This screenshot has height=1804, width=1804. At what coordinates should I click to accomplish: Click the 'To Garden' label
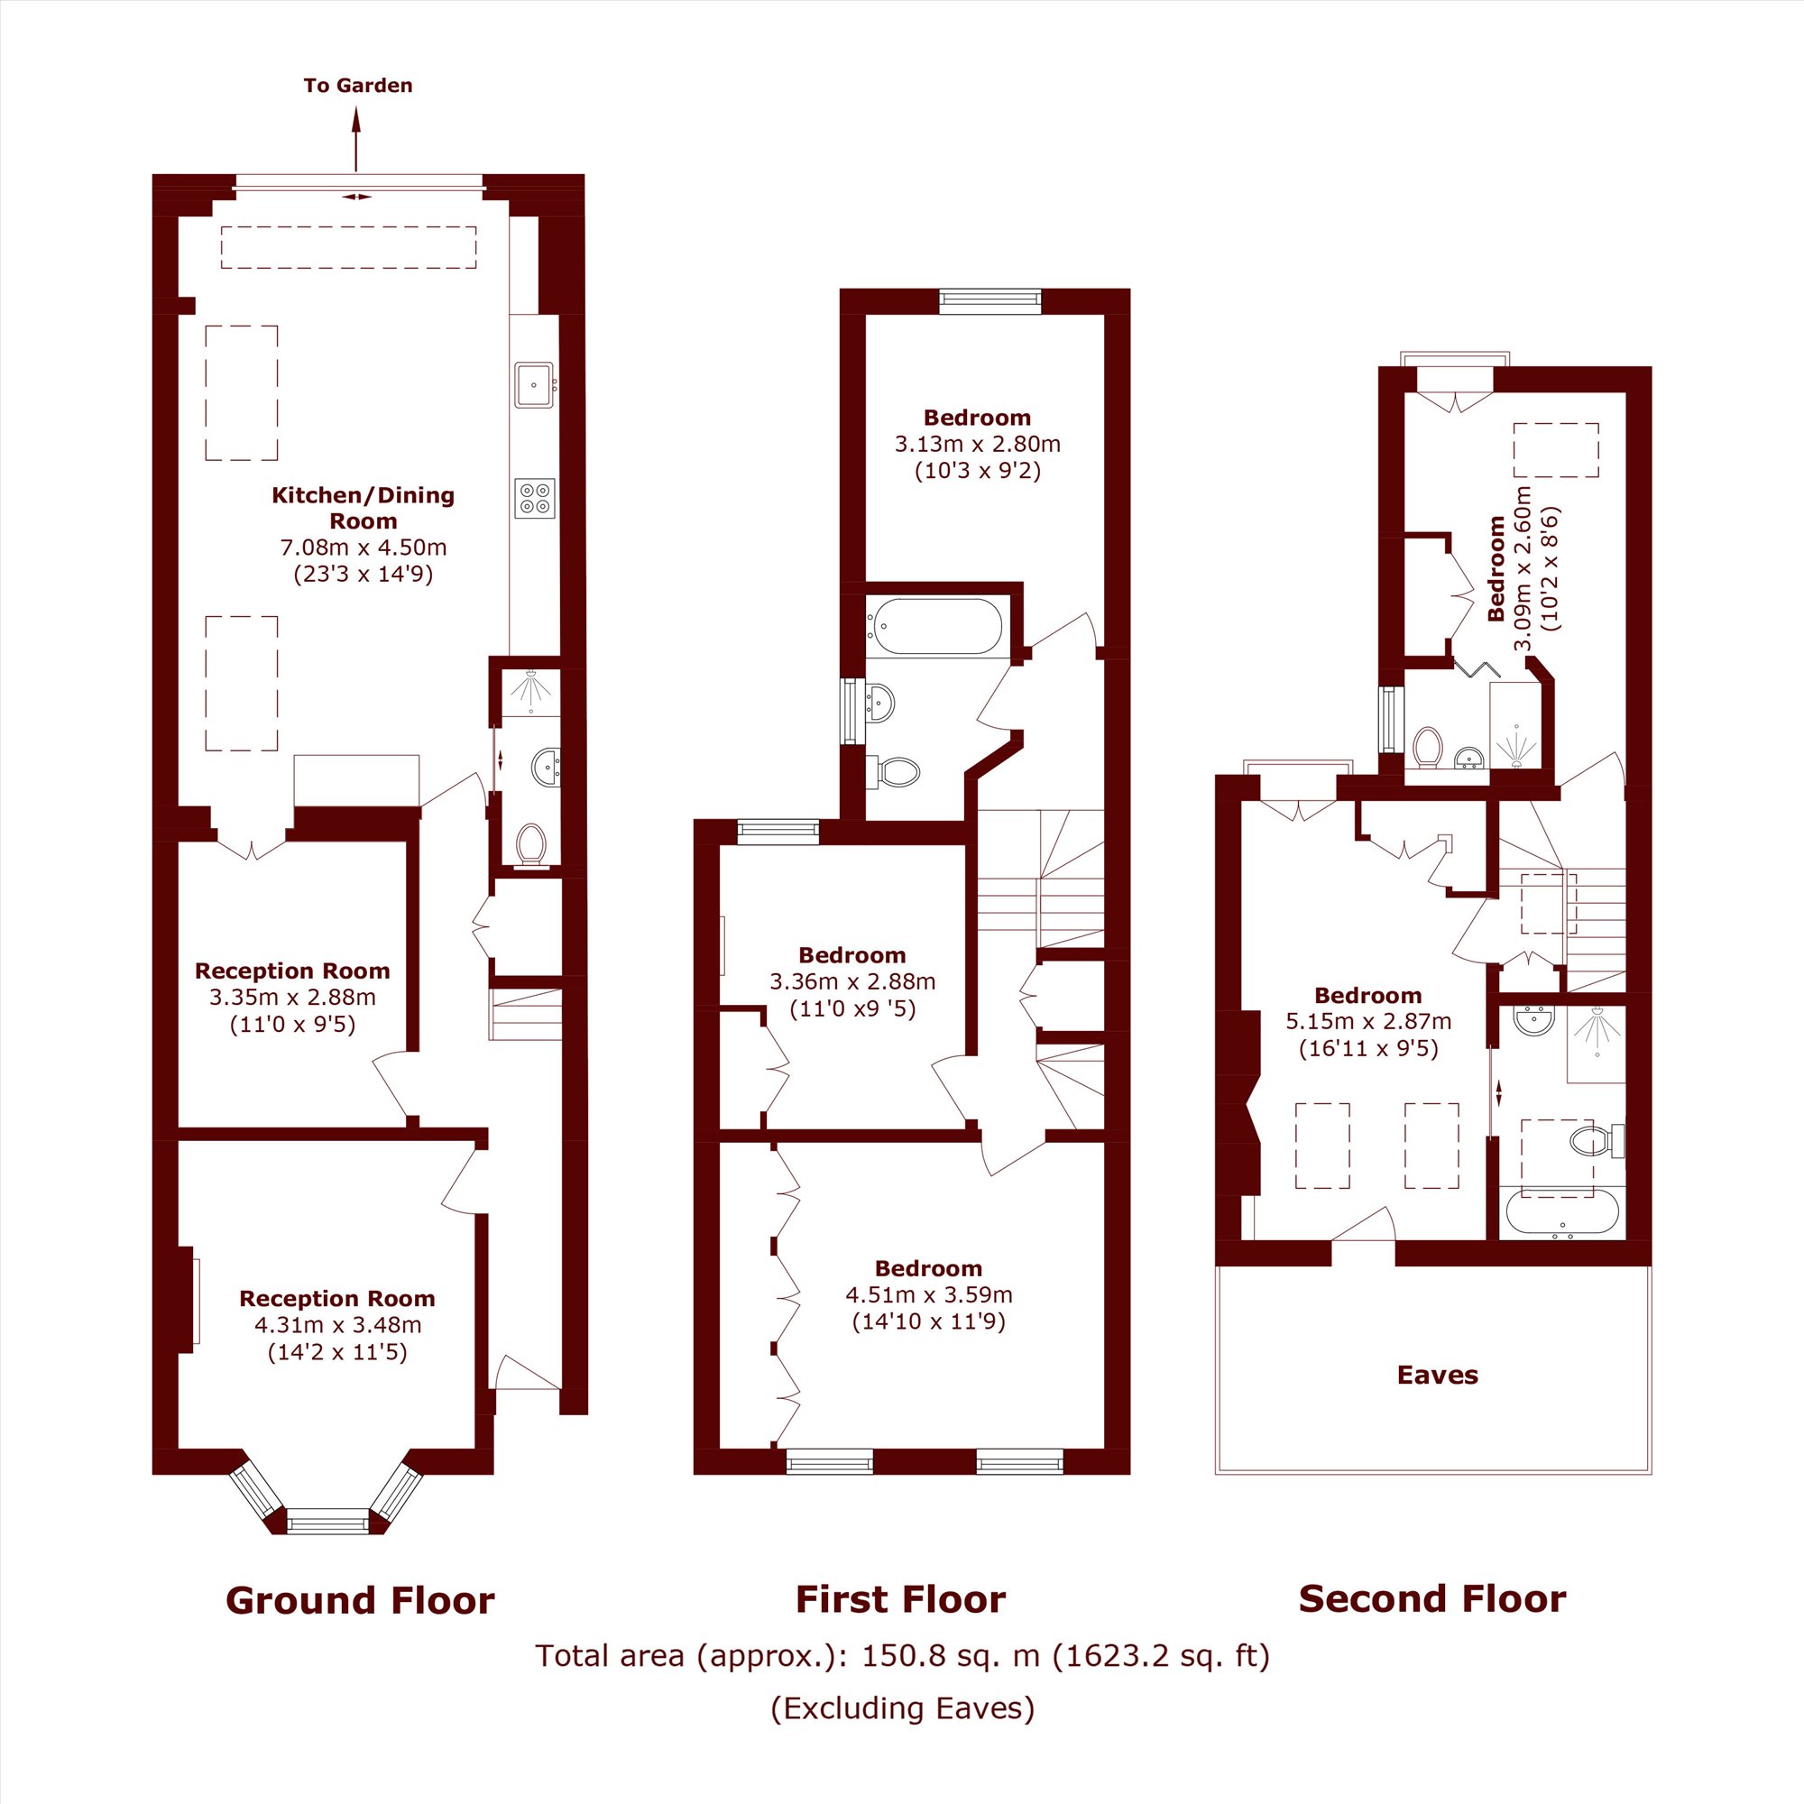pyautogui.click(x=357, y=85)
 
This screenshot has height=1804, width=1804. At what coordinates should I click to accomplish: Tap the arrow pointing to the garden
pyautogui.click(x=355, y=138)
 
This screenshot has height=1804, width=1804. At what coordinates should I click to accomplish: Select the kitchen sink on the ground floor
pyautogui.click(x=534, y=385)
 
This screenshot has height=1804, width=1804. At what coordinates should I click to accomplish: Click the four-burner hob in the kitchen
pyautogui.click(x=534, y=498)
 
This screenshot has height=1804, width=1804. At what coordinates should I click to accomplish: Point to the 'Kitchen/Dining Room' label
pyautogui.click(x=364, y=508)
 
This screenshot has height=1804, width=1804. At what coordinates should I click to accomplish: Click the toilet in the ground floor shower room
pyautogui.click(x=531, y=845)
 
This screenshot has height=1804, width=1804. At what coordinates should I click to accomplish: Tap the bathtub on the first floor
pyautogui.click(x=934, y=626)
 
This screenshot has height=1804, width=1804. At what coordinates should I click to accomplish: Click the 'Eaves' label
pyautogui.click(x=1437, y=1375)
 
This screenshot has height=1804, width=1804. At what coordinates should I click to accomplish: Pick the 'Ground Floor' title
pyautogui.click(x=360, y=1600)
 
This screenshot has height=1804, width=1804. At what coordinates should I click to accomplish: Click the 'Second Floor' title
pyautogui.click(x=1431, y=1598)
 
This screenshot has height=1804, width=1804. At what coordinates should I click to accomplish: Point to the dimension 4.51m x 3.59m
pyautogui.click(x=929, y=1294)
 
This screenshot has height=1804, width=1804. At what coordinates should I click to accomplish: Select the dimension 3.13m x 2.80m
pyautogui.click(x=978, y=444)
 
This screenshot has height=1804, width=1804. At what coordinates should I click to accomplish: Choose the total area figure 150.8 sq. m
pyautogui.click(x=950, y=1655)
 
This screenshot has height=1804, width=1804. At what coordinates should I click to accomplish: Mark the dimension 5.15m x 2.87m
pyautogui.click(x=1368, y=1020)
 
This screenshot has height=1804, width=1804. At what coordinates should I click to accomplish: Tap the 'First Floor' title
pyautogui.click(x=900, y=1599)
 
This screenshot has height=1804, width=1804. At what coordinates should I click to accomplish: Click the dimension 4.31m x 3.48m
pyautogui.click(x=338, y=1324)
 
